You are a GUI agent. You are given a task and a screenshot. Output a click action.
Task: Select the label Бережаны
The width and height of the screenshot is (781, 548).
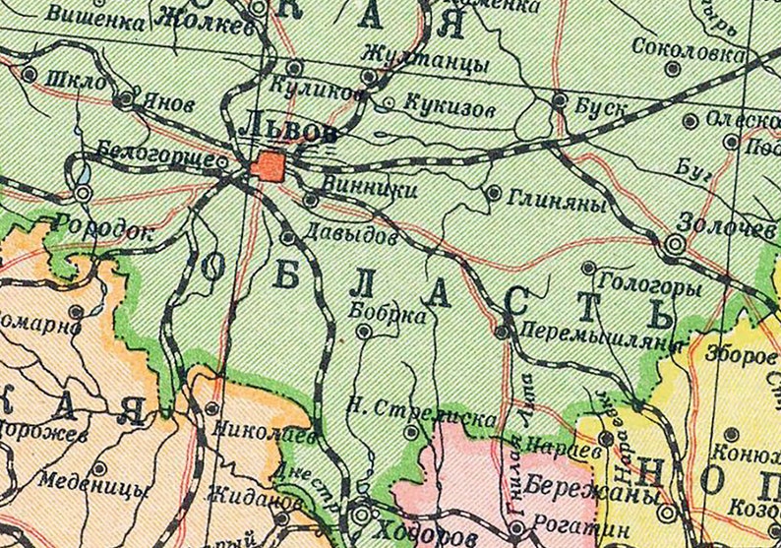[x=564, y=485]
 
